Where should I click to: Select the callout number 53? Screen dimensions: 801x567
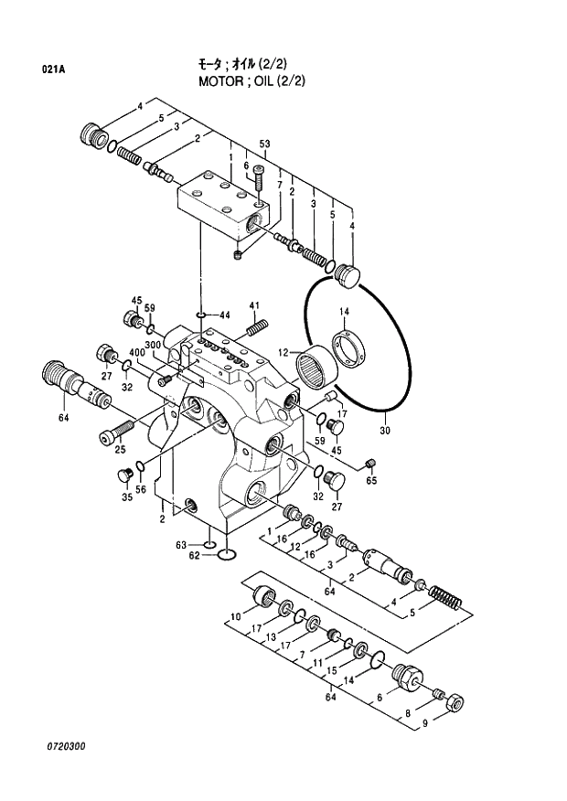coord(264,144)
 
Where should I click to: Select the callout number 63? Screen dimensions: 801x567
coord(181,545)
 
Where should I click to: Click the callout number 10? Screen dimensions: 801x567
coord(235,616)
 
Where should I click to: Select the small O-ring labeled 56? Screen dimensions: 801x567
coord(140,469)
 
